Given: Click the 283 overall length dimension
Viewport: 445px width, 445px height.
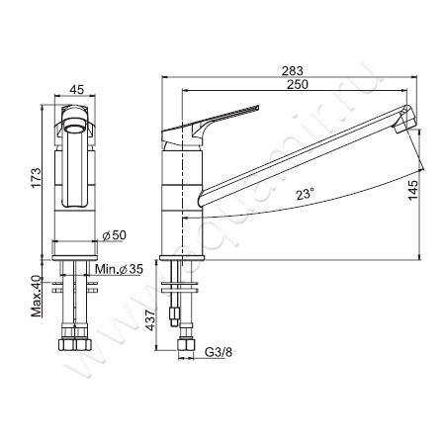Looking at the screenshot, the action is click(292, 70).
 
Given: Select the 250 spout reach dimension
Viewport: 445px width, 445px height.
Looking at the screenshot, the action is click(298, 84).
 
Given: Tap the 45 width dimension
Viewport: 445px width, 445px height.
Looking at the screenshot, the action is click(77, 89).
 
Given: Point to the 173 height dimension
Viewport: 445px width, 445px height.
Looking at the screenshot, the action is click(37, 178).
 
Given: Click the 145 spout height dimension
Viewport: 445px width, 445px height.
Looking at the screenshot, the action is click(412, 190).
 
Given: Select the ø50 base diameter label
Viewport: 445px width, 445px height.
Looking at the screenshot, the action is click(114, 235).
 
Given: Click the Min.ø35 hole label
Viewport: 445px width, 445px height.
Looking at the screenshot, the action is click(120, 269).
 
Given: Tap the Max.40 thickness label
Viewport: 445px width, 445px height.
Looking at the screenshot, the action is click(37, 296).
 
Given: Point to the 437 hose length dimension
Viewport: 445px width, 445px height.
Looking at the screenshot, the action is click(150, 320).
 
